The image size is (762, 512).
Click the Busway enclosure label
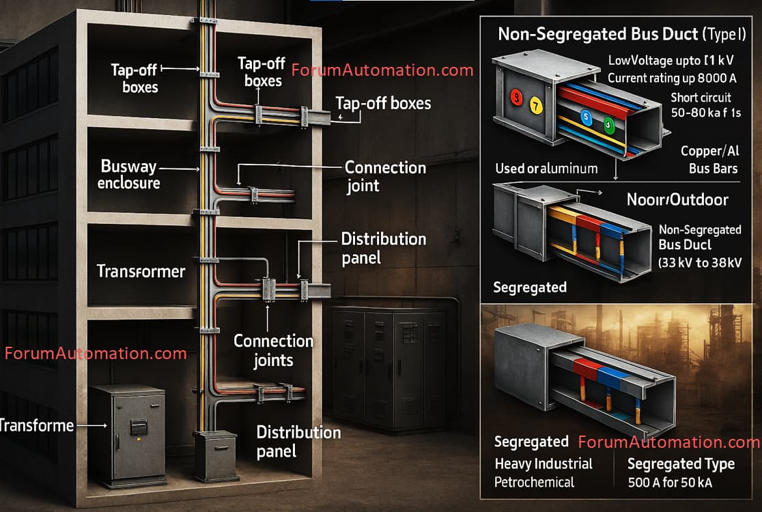(128, 174)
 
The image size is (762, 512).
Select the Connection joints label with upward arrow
(273, 350)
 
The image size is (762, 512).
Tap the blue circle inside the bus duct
(585, 117)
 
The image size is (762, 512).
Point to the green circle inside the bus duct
(608, 125)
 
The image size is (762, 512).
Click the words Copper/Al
(709, 151)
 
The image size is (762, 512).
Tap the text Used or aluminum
(547, 168)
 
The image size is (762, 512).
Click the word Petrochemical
(535, 482)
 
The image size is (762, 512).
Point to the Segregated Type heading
(681, 464)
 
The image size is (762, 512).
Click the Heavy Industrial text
(544, 464)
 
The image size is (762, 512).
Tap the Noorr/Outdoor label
(677, 200)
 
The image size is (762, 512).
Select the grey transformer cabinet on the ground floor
(128, 432)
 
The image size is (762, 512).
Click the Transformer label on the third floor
(141, 271)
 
